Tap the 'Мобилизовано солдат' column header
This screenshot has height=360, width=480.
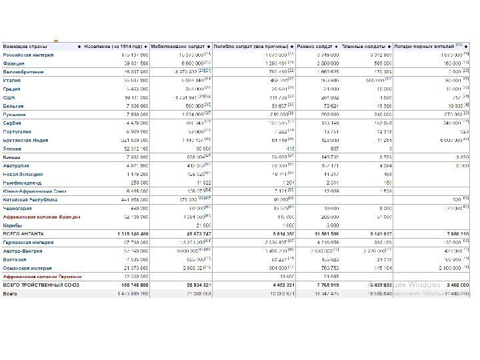(x=179, y=46)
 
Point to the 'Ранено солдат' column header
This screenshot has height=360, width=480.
(x=316, y=46)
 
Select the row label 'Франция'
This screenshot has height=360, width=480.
(x=15, y=63)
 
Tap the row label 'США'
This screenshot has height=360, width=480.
(x=9, y=97)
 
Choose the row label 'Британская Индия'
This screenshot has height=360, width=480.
(x=27, y=140)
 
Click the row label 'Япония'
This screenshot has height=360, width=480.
(x=14, y=149)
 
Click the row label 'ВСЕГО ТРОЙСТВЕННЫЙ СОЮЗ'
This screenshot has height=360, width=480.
(x=41, y=285)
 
